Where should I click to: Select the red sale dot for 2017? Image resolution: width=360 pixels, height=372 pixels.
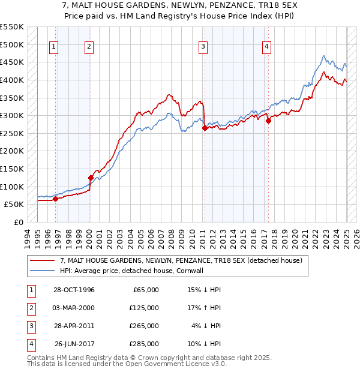(x=268, y=121)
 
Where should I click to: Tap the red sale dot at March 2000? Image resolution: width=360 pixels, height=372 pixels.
(x=91, y=178)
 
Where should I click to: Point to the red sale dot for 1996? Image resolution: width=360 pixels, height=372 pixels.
(x=55, y=199)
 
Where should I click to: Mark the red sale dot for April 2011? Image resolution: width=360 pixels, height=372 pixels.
(x=205, y=128)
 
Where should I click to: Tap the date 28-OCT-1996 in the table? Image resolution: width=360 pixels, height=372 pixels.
(x=74, y=289)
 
